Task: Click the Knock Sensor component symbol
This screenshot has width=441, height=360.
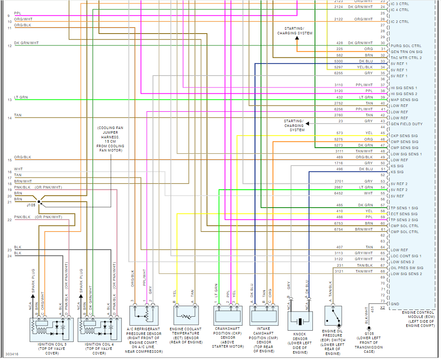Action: (301, 321)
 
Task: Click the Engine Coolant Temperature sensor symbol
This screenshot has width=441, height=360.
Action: (186, 316)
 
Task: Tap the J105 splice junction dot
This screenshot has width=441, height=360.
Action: (39, 202)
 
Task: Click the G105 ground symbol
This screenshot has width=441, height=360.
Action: (369, 328)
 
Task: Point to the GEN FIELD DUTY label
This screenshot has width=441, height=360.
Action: (406, 124)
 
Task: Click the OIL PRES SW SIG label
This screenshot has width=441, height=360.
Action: (407, 268)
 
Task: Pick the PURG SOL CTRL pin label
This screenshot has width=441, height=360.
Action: (406, 46)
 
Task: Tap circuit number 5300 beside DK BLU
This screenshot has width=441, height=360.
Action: (338, 61)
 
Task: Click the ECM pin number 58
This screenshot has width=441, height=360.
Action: (382, 211)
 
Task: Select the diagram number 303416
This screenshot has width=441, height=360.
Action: (12, 353)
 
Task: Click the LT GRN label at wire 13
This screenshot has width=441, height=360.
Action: (21, 97)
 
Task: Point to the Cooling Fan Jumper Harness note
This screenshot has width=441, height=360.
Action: (111, 139)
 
